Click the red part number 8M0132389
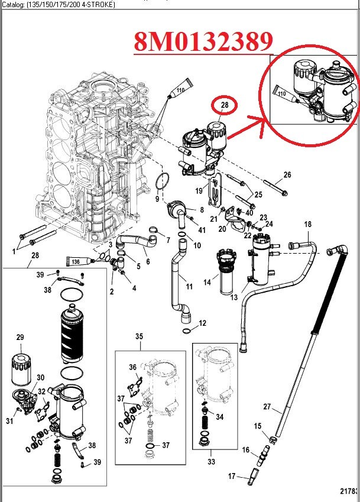point(203,40)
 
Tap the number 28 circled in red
point(224,105)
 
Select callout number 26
point(287,174)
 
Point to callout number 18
point(307,224)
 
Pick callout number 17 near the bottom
point(232,476)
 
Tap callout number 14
point(207,283)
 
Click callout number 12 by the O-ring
point(203,323)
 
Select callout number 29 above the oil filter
point(20,338)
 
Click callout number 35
point(139,336)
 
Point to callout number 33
point(211,461)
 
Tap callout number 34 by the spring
point(219,417)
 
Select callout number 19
point(200,190)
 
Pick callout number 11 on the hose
point(189,287)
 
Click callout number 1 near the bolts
point(14,251)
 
